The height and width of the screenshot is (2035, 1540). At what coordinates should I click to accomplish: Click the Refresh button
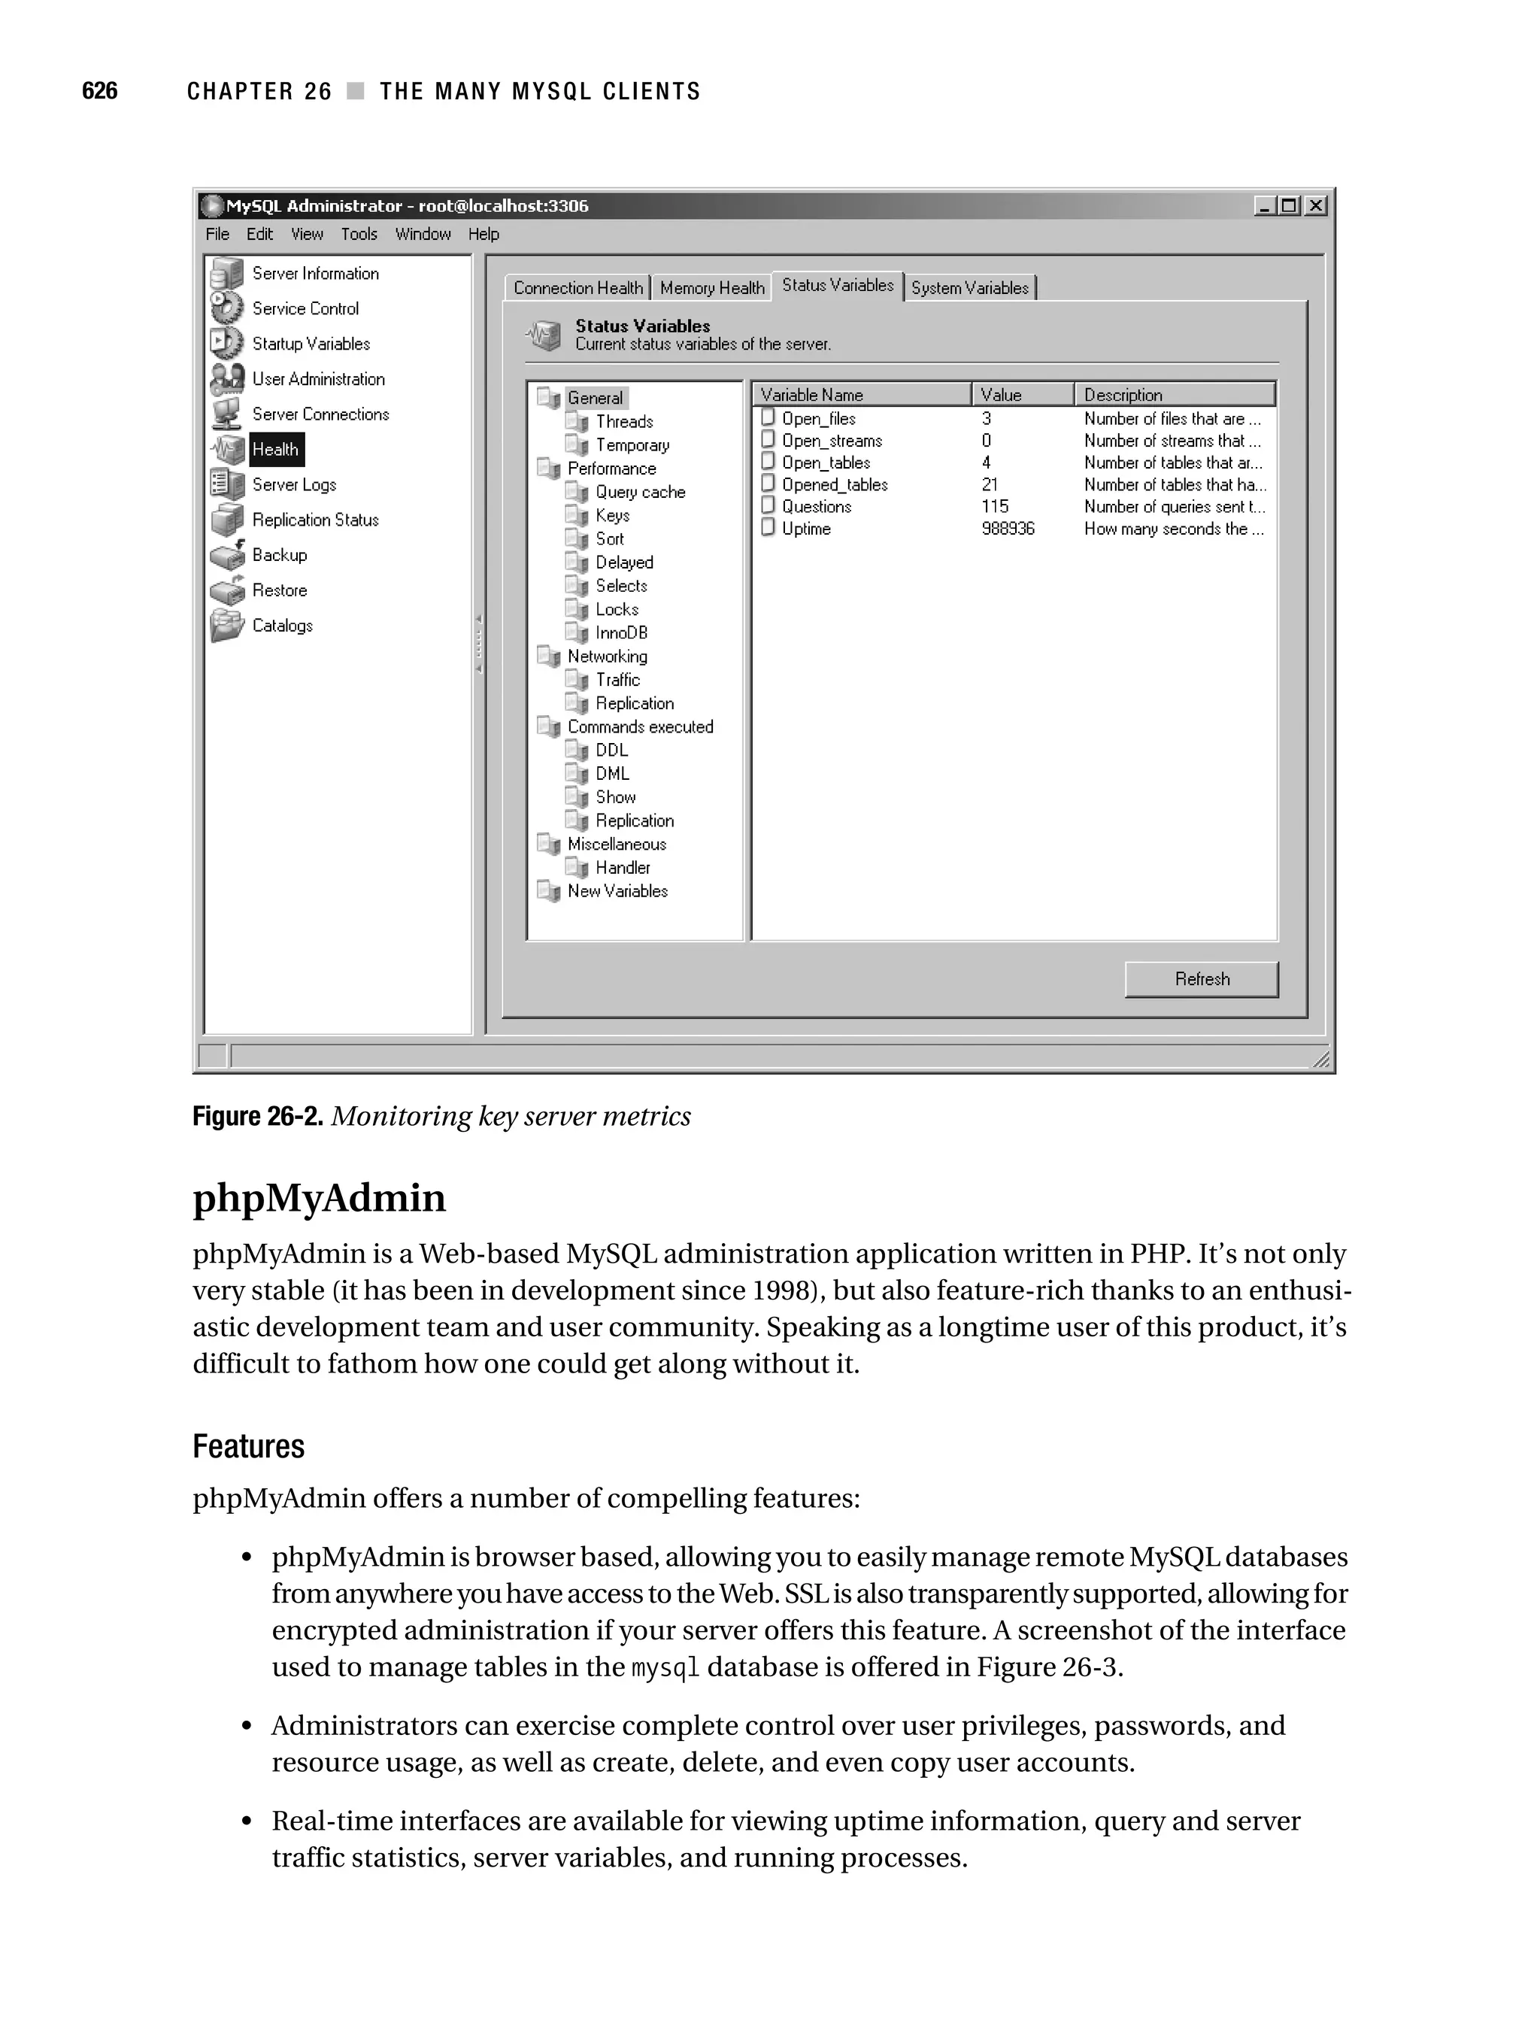coord(1201,979)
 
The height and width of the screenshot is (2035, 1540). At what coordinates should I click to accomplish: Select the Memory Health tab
coord(712,288)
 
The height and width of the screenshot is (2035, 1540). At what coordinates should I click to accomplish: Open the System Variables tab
coord(969,288)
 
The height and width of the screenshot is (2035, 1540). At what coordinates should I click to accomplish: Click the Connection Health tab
coord(577,288)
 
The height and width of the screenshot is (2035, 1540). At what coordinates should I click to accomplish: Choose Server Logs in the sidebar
coord(293,485)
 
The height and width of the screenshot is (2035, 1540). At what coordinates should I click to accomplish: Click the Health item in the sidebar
coord(275,450)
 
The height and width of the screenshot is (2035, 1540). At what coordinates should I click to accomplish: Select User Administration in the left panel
coord(317,379)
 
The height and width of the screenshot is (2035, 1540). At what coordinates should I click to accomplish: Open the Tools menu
coord(359,235)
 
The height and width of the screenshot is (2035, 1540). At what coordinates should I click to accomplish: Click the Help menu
coord(483,235)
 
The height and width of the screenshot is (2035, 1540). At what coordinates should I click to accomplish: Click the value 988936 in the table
coord(1008,529)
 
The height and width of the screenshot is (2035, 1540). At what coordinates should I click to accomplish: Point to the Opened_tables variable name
coord(835,485)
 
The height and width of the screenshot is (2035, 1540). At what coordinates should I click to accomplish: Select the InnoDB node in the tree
coord(621,633)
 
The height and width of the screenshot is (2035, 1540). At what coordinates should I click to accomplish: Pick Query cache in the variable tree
coord(639,492)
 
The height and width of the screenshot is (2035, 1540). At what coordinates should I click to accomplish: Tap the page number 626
coord(99,91)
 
